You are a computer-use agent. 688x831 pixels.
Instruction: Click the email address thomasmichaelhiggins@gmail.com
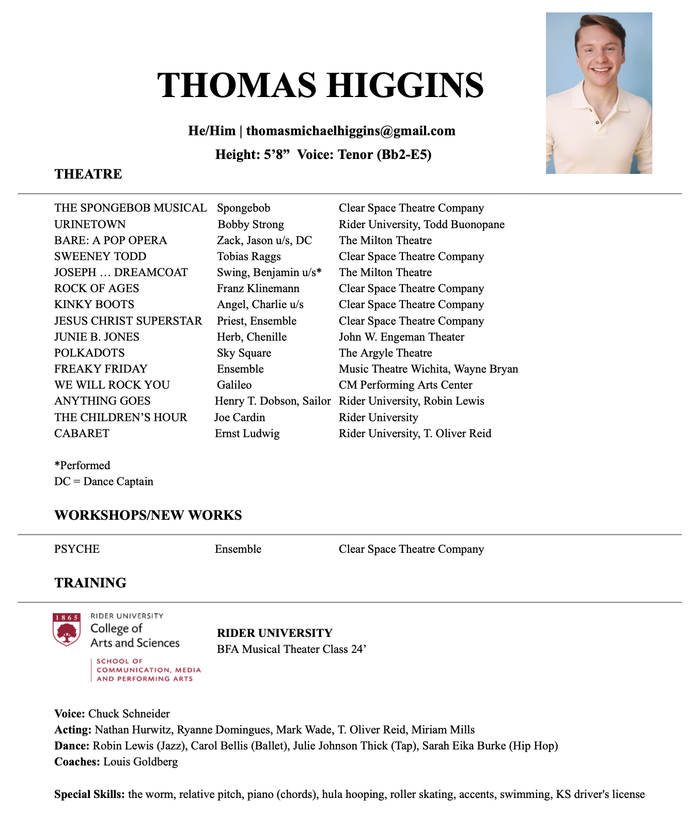(x=351, y=131)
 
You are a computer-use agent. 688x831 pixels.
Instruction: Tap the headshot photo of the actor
(x=599, y=93)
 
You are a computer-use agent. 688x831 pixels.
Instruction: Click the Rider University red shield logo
(x=67, y=630)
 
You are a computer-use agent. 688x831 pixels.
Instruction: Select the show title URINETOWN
(x=90, y=225)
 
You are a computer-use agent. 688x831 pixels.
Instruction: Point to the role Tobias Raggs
(x=248, y=257)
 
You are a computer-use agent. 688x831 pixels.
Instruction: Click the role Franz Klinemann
(x=258, y=289)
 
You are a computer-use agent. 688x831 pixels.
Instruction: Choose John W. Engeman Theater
(x=401, y=337)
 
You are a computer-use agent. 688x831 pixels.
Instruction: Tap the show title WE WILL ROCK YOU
(x=112, y=385)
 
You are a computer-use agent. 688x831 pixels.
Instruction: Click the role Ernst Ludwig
(x=247, y=434)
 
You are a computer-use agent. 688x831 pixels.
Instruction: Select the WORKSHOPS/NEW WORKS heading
(x=148, y=515)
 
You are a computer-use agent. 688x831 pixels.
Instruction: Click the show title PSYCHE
(x=77, y=549)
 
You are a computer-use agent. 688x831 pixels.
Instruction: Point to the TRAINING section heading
(x=90, y=583)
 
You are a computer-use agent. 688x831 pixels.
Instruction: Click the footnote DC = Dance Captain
(x=104, y=482)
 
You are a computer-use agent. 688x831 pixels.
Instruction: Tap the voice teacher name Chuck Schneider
(x=129, y=714)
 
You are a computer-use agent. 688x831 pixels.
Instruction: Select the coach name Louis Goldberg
(x=140, y=762)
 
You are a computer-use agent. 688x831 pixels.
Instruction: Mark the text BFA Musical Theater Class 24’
(x=291, y=649)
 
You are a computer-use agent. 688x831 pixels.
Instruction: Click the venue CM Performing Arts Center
(x=405, y=385)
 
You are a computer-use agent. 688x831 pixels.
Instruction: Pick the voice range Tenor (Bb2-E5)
(x=385, y=154)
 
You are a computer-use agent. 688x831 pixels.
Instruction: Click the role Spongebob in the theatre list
(x=243, y=208)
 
